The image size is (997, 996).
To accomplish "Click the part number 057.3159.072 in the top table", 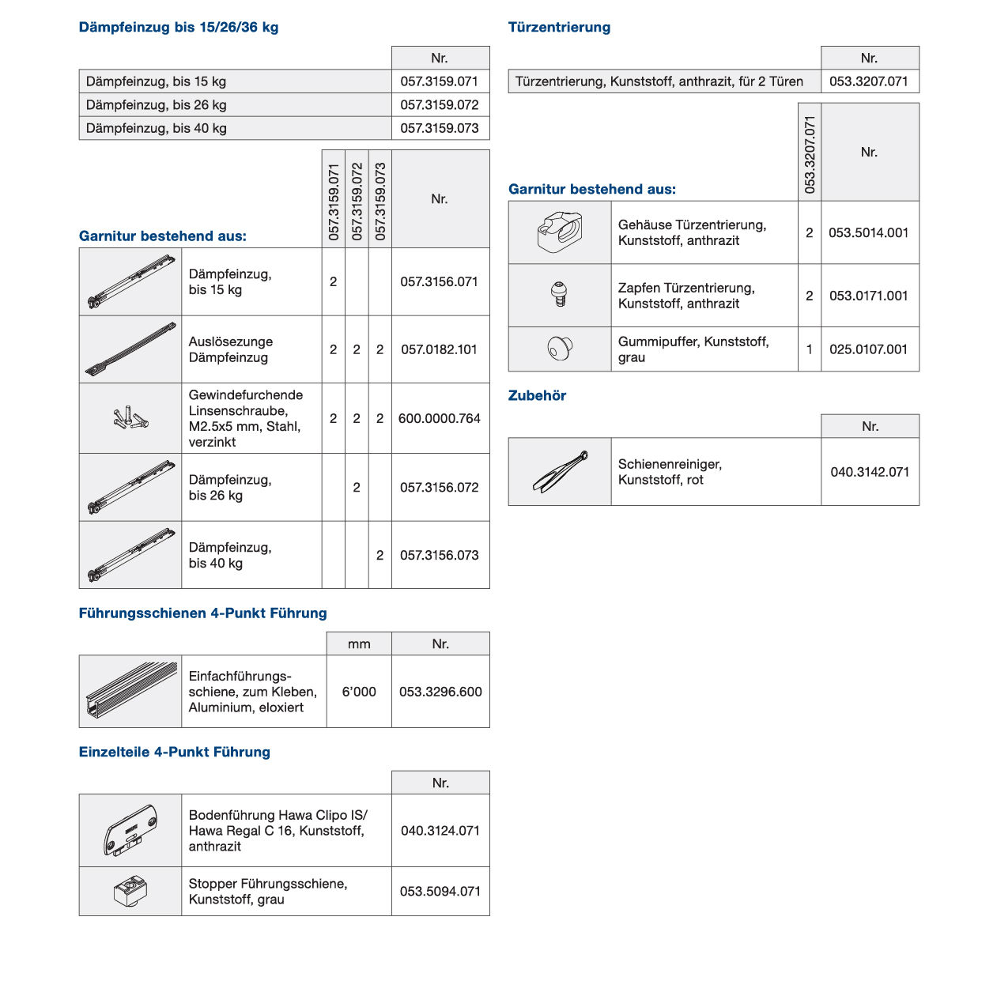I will pos(440,105).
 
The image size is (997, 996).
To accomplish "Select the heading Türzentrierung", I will pos(559,28).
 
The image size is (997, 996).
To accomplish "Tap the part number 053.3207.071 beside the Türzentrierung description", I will pos(869,81).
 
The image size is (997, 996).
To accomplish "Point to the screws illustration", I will pos(130,418).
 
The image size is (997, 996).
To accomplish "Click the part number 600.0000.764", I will pos(440,418).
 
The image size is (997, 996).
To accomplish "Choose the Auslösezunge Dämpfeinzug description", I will pos(231,349).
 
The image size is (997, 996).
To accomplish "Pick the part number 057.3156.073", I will pos(440,555).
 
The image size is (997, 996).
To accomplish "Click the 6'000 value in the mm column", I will pos(359,692).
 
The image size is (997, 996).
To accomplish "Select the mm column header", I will pos(359,644).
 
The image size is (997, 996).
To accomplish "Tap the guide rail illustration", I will pos(130,690).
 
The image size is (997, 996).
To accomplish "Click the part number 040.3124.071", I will pos(440,831).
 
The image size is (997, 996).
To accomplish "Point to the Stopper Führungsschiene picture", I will pos(130,892).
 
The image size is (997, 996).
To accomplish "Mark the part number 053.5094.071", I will pos(440,892).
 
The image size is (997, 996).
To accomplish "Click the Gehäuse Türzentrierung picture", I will pos(560,232).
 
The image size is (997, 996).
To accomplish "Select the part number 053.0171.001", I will pos(869,296).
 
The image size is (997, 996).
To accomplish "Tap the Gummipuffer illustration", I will pos(560,348).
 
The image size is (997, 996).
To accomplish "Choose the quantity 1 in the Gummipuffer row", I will pos(809,349).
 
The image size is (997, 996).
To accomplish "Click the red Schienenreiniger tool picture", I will pos(560,471).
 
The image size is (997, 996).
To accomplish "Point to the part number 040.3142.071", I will pos(870,472).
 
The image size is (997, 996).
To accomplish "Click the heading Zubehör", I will pos(538,396).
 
